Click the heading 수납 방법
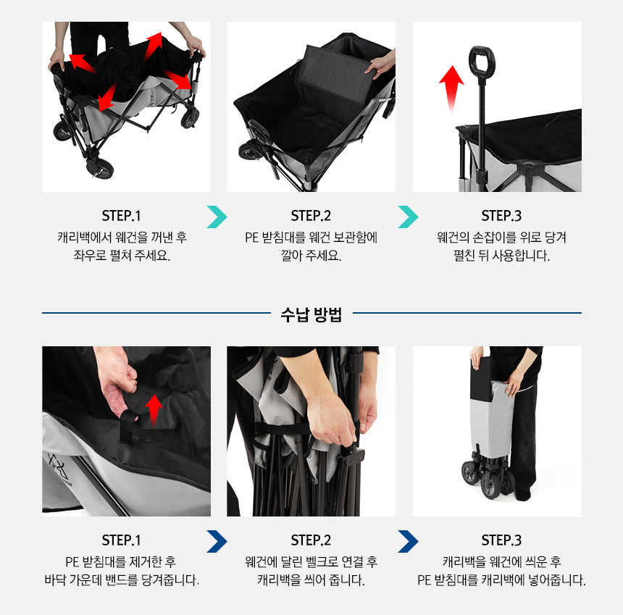coord(311,314)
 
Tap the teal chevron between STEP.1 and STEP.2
coord(217,217)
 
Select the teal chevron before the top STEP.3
coord(408,217)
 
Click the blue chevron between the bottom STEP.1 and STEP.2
coord(217,541)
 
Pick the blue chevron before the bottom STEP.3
coord(408,541)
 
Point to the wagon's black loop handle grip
coord(482,61)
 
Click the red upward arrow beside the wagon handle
coord(451,89)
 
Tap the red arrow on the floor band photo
coord(154,409)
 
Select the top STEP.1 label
coord(121,216)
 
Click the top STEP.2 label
coord(311,216)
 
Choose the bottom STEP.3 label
coord(501,540)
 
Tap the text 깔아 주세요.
coord(311,255)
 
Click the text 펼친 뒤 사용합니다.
coord(501,255)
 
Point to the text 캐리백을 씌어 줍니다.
coord(311,580)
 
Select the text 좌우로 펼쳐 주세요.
coord(122,255)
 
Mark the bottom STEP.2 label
coord(311,540)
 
